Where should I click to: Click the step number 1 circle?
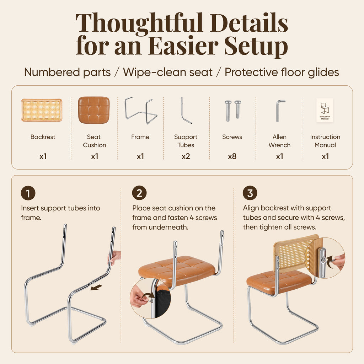click(x=28, y=193)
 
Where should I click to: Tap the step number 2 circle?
click(x=139, y=193)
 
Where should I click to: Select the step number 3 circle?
click(x=250, y=193)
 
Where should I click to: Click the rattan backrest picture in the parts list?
click(x=42, y=110)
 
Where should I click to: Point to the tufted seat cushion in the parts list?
click(x=94, y=110)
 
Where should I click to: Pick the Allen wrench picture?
click(x=280, y=111)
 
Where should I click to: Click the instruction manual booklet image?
click(x=325, y=110)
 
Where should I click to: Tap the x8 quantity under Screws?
click(x=232, y=156)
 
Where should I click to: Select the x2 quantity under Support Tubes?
click(x=186, y=156)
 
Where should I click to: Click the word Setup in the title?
click(x=256, y=46)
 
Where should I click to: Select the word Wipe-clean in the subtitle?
click(x=168, y=72)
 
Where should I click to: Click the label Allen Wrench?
click(x=279, y=141)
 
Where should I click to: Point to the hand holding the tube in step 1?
click(x=115, y=257)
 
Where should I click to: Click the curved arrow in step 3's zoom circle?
click(x=330, y=261)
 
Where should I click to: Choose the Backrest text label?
click(x=43, y=137)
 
